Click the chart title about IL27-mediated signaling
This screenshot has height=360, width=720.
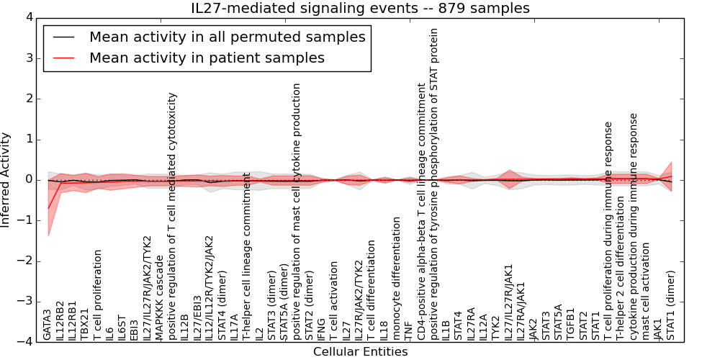point(360,8)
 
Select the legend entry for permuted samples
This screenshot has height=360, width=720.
point(227,37)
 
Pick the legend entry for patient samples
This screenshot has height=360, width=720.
point(207,58)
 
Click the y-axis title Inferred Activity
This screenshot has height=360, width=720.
point(6,179)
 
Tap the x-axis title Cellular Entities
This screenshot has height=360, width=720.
point(360,351)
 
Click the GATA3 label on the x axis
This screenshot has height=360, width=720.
point(48,325)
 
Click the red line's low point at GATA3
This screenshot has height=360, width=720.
point(48,208)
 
